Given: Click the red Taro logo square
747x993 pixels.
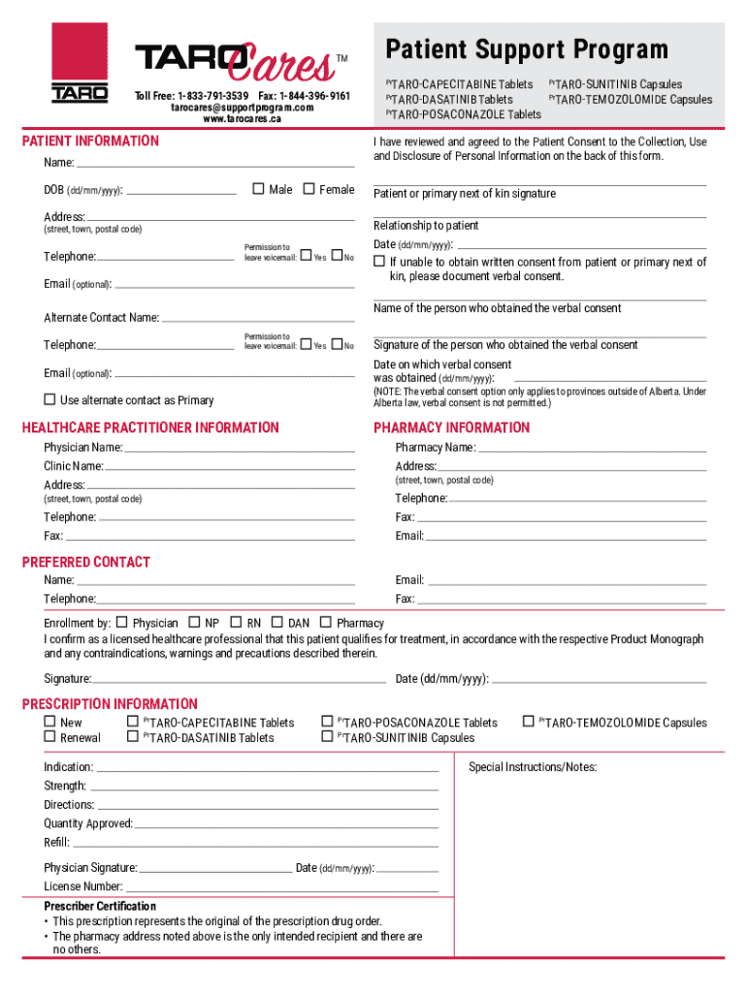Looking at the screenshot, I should click(80, 53).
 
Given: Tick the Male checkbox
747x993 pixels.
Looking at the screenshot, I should click(258, 189).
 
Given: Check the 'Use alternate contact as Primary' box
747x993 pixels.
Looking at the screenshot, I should click(49, 400).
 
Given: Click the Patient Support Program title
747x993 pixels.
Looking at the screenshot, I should click(527, 49).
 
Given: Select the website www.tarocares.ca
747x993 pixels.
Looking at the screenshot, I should click(242, 119).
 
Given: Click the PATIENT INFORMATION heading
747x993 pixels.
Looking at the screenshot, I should click(90, 141).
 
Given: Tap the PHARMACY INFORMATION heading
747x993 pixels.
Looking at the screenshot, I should click(452, 428).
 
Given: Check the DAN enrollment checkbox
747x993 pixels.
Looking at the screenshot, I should click(277, 623).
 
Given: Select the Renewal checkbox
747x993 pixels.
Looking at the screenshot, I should click(49, 737).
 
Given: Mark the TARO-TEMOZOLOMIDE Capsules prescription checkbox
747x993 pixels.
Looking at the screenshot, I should click(529, 721).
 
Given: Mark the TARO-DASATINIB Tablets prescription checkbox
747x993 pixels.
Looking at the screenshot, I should click(133, 737).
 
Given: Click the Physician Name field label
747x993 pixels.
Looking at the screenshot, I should click(83, 447).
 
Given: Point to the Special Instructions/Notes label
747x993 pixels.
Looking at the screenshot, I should click(533, 767).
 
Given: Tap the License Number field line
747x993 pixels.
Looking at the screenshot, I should click(281, 888).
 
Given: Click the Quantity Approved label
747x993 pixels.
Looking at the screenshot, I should click(88, 823).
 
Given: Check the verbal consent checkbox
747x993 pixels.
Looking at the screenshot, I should click(379, 262).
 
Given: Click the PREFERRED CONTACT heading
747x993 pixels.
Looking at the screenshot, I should click(86, 561).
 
